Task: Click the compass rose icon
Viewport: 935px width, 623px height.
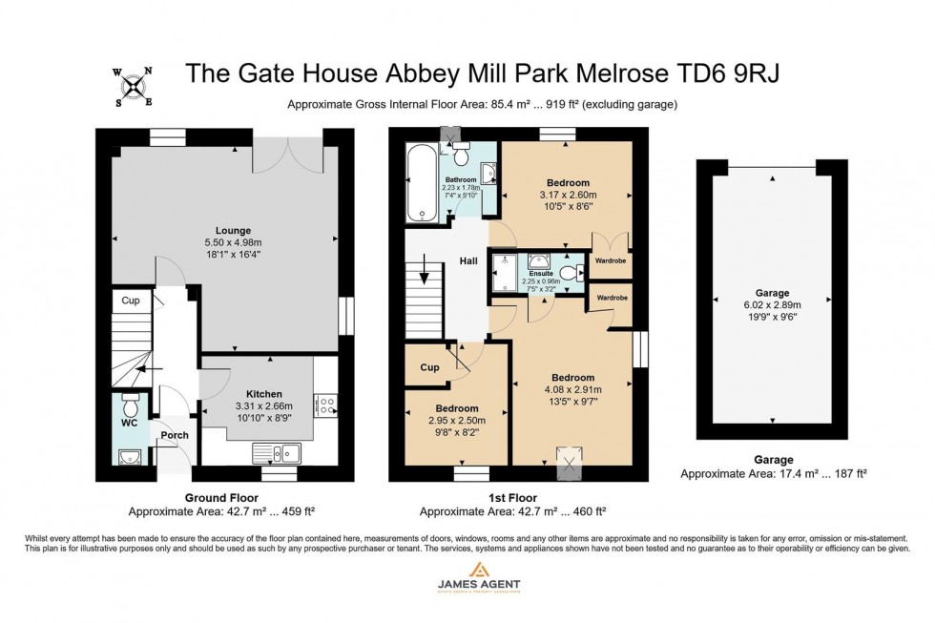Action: pyautogui.click(x=134, y=86)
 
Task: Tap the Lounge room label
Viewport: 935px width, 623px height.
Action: pyautogui.click(x=233, y=230)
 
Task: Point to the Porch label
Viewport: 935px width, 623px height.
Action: pyautogui.click(x=175, y=435)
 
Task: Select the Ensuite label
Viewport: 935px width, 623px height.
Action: pyautogui.click(x=542, y=274)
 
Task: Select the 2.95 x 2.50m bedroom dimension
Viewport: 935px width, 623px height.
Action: pyautogui.click(x=456, y=421)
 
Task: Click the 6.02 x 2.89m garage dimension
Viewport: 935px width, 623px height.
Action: pyautogui.click(x=772, y=304)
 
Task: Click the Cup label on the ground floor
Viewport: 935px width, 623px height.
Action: pyautogui.click(x=131, y=300)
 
